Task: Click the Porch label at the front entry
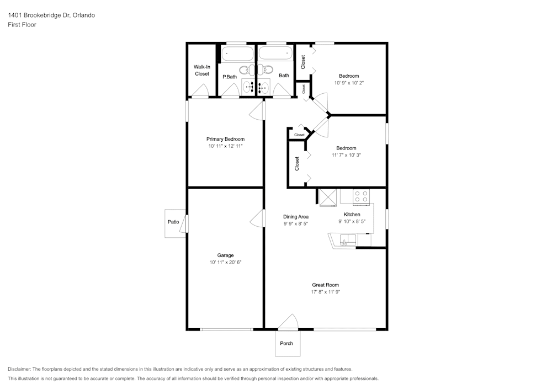click(286, 343)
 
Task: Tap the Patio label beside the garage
click(173, 222)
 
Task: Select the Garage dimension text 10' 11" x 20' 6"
click(225, 263)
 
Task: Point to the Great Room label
click(325, 285)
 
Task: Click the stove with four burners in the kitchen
click(362, 196)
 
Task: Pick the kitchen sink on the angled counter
click(348, 240)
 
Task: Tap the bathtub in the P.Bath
click(237, 54)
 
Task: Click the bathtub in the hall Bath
click(275, 54)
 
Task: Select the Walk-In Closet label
click(201, 71)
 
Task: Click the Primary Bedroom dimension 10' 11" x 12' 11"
click(225, 146)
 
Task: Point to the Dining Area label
click(296, 217)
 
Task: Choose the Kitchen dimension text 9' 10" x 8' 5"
click(352, 222)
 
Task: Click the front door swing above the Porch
click(288, 322)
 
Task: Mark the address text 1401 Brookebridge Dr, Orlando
click(51, 15)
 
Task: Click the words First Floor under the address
click(22, 25)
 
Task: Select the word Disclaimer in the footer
click(19, 369)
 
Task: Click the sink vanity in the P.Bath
click(249, 86)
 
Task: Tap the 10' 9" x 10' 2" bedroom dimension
click(349, 83)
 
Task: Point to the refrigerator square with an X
click(328, 197)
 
